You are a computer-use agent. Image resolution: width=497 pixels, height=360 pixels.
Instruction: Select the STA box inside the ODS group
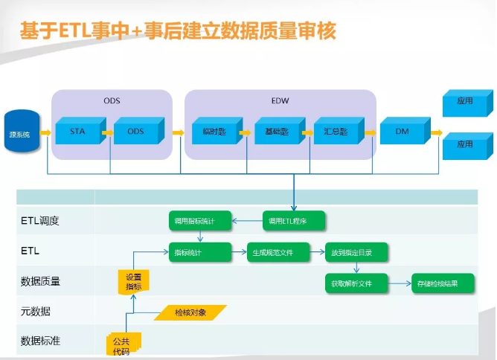point(78,132)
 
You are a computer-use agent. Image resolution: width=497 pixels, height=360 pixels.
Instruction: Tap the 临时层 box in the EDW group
point(214,132)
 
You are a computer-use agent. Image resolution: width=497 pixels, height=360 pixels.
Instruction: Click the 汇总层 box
point(336,132)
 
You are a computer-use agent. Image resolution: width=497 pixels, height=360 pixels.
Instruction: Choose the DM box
point(403,132)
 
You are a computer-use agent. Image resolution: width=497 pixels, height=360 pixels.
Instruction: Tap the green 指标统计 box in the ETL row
point(199,252)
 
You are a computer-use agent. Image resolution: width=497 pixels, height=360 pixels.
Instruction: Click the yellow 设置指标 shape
point(132,282)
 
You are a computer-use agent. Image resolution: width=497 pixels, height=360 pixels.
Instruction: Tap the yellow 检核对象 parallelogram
point(190,312)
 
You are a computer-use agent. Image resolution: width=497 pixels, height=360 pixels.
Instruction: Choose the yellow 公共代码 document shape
point(122,343)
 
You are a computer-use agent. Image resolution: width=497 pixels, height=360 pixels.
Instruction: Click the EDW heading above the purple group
point(280,100)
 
